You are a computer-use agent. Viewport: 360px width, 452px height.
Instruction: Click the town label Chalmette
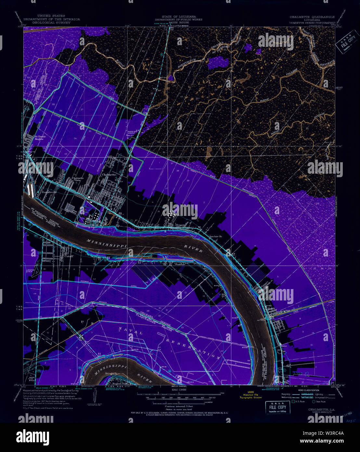coord(109,174)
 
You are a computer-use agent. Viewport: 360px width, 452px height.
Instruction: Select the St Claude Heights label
coord(41,137)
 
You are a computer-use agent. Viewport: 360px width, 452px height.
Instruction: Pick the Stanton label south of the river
coord(180,264)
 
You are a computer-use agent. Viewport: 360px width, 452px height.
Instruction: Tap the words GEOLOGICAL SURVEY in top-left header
coord(51,22)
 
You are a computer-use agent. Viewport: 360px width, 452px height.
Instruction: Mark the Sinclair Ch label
coord(216,236)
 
